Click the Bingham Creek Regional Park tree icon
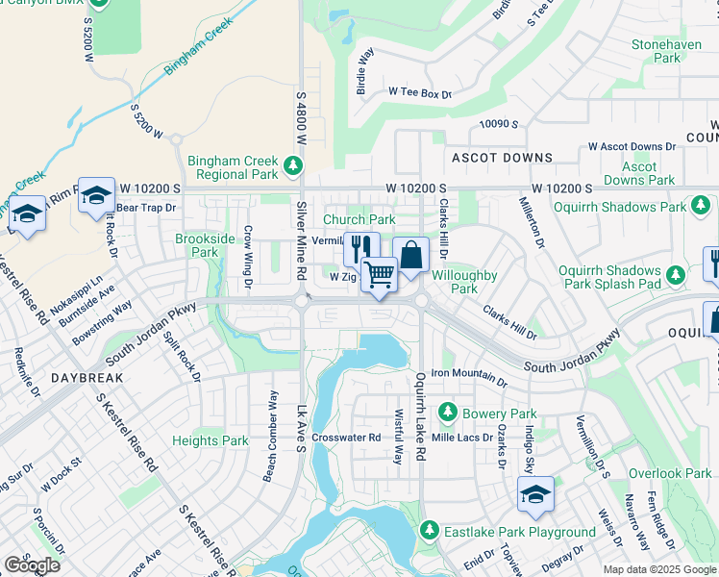(x=293, y=168)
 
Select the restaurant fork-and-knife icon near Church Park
(x=361, y=249)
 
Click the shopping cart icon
(x=379, y=275)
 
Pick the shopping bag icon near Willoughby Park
(x=410, y=255)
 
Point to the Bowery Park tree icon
(x=446, y=414)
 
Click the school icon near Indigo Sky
(x=535, y=495)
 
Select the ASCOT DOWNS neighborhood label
(x=500, y=158)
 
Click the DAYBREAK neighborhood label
(x=87, y=378)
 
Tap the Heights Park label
(x=211, y=441)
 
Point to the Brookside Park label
(x=205, y=245)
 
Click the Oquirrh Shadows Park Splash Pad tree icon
(x=676, y=276)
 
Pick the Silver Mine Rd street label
(x=301, y=254)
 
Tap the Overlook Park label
(x=670, y=473)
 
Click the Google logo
(x=32, y=565)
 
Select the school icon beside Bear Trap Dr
(x=96, y=196)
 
